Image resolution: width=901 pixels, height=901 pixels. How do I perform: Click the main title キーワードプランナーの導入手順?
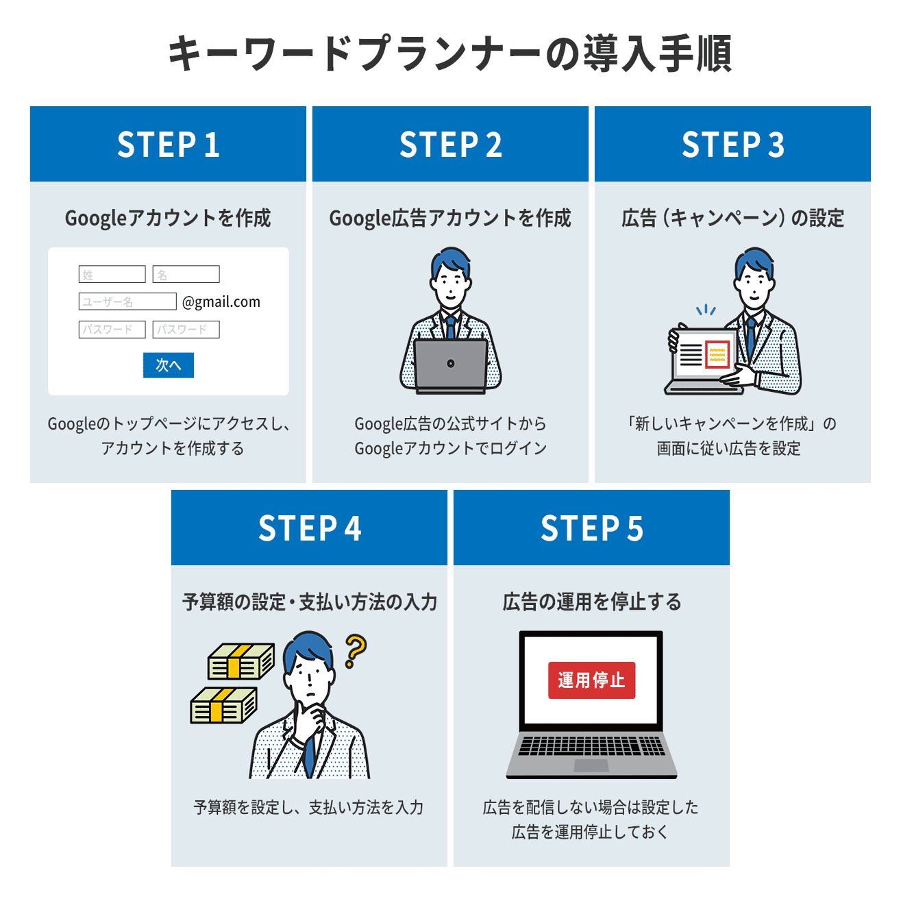[450, 53]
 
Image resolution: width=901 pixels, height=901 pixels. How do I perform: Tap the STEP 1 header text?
[168, 145]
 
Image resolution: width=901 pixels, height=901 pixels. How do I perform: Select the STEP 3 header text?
[732, 145]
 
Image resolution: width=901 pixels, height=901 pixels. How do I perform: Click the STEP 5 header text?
[591, 528]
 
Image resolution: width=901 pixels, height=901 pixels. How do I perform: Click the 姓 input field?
[112, 274]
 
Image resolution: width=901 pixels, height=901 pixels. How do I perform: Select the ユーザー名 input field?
[127, 301]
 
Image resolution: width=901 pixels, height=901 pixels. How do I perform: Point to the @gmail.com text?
[221, 302]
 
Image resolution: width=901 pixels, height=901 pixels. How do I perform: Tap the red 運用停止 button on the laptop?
[591, 680]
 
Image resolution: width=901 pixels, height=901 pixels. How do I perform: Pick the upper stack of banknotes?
[240, 662]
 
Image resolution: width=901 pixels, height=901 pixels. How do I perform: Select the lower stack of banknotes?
[223, 706]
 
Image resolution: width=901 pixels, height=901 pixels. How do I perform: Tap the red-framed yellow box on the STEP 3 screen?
[717, 354]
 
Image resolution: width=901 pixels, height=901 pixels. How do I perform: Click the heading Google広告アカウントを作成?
[450, 218]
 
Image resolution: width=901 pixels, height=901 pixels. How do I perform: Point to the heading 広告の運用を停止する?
[591, 602]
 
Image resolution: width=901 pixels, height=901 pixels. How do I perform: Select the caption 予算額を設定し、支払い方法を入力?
[308, 807]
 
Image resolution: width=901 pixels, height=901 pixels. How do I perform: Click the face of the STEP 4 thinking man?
[310, 678]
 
